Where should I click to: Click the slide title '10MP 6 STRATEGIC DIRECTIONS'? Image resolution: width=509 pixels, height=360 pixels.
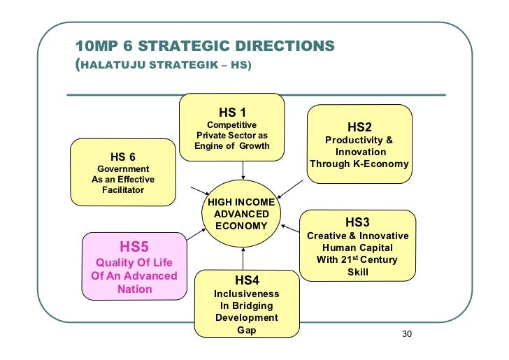tap(204, 46)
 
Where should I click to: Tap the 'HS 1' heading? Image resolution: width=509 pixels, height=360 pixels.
tap(233, 112)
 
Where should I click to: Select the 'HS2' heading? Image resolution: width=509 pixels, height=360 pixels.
tap(359, 127)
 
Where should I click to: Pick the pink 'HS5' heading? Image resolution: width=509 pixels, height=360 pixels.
tap(134, 246)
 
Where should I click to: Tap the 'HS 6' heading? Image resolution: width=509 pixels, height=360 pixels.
tap(123, 157)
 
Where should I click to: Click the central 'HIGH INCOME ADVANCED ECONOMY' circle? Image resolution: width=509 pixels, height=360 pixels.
tap(241, 214)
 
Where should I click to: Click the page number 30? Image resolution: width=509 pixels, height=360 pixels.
tap(408, 335)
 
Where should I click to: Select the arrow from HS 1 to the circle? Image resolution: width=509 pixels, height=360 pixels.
tap(243, 169)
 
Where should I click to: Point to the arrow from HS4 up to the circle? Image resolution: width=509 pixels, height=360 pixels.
tap(243, 258)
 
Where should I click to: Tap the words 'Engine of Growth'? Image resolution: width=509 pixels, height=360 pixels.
tap(231, 146)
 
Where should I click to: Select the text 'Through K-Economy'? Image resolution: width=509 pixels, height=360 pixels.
tap(359, 164)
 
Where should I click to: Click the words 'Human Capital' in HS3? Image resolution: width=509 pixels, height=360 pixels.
tap(357, 247)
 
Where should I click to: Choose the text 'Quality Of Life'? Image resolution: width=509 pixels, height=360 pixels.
tap(134, 262)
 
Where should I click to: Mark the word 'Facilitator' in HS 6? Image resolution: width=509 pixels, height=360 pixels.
tap(123, 189)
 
